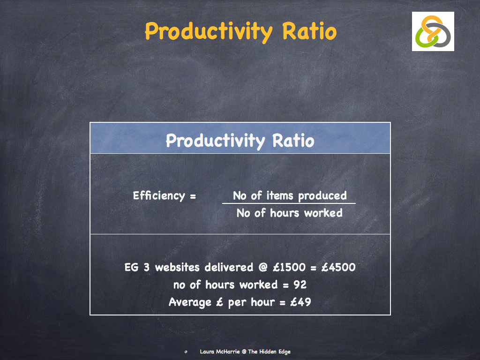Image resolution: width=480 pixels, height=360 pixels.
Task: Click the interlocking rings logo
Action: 433,31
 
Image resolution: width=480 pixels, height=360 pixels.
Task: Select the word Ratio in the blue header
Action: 293,140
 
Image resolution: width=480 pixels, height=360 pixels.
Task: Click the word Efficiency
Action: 159,195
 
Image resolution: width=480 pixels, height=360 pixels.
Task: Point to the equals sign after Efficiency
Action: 193,196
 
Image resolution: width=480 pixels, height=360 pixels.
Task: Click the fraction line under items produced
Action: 289,203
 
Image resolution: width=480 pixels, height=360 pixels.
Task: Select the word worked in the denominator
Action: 323,213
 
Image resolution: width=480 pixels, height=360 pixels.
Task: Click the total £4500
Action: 339,267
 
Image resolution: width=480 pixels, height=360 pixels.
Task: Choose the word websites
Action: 178,267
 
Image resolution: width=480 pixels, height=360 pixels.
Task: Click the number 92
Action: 300,285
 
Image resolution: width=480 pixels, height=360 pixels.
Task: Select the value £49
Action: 300,302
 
